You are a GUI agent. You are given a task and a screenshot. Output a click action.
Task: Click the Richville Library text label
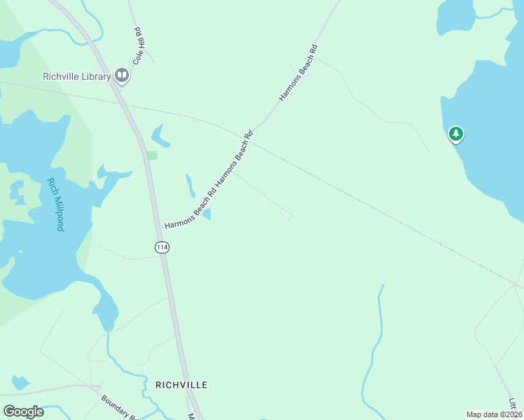click(76, 76)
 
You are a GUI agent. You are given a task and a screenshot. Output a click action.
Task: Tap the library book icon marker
click(122, 75)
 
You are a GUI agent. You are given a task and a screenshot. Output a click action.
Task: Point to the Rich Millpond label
click(55, 204)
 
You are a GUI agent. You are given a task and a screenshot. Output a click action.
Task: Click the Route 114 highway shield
click(162, 247)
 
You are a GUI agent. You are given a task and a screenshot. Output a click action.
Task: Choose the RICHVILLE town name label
click(181, 385)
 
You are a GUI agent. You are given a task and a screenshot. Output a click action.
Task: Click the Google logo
click(23, 411)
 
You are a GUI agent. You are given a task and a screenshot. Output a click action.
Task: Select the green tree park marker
click(456, 133)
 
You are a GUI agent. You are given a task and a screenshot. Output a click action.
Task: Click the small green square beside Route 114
click(152, 155)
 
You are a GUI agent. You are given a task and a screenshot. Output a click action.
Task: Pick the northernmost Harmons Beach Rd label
click(298, 73)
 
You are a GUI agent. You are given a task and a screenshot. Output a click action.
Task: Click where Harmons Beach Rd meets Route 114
click(160, 232)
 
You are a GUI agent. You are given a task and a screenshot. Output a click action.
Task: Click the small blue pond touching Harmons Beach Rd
click(207, 213)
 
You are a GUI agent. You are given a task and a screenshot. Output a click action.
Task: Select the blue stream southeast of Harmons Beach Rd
click(375, 350)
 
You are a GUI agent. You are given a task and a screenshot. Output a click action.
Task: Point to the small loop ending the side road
click(285, 213)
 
